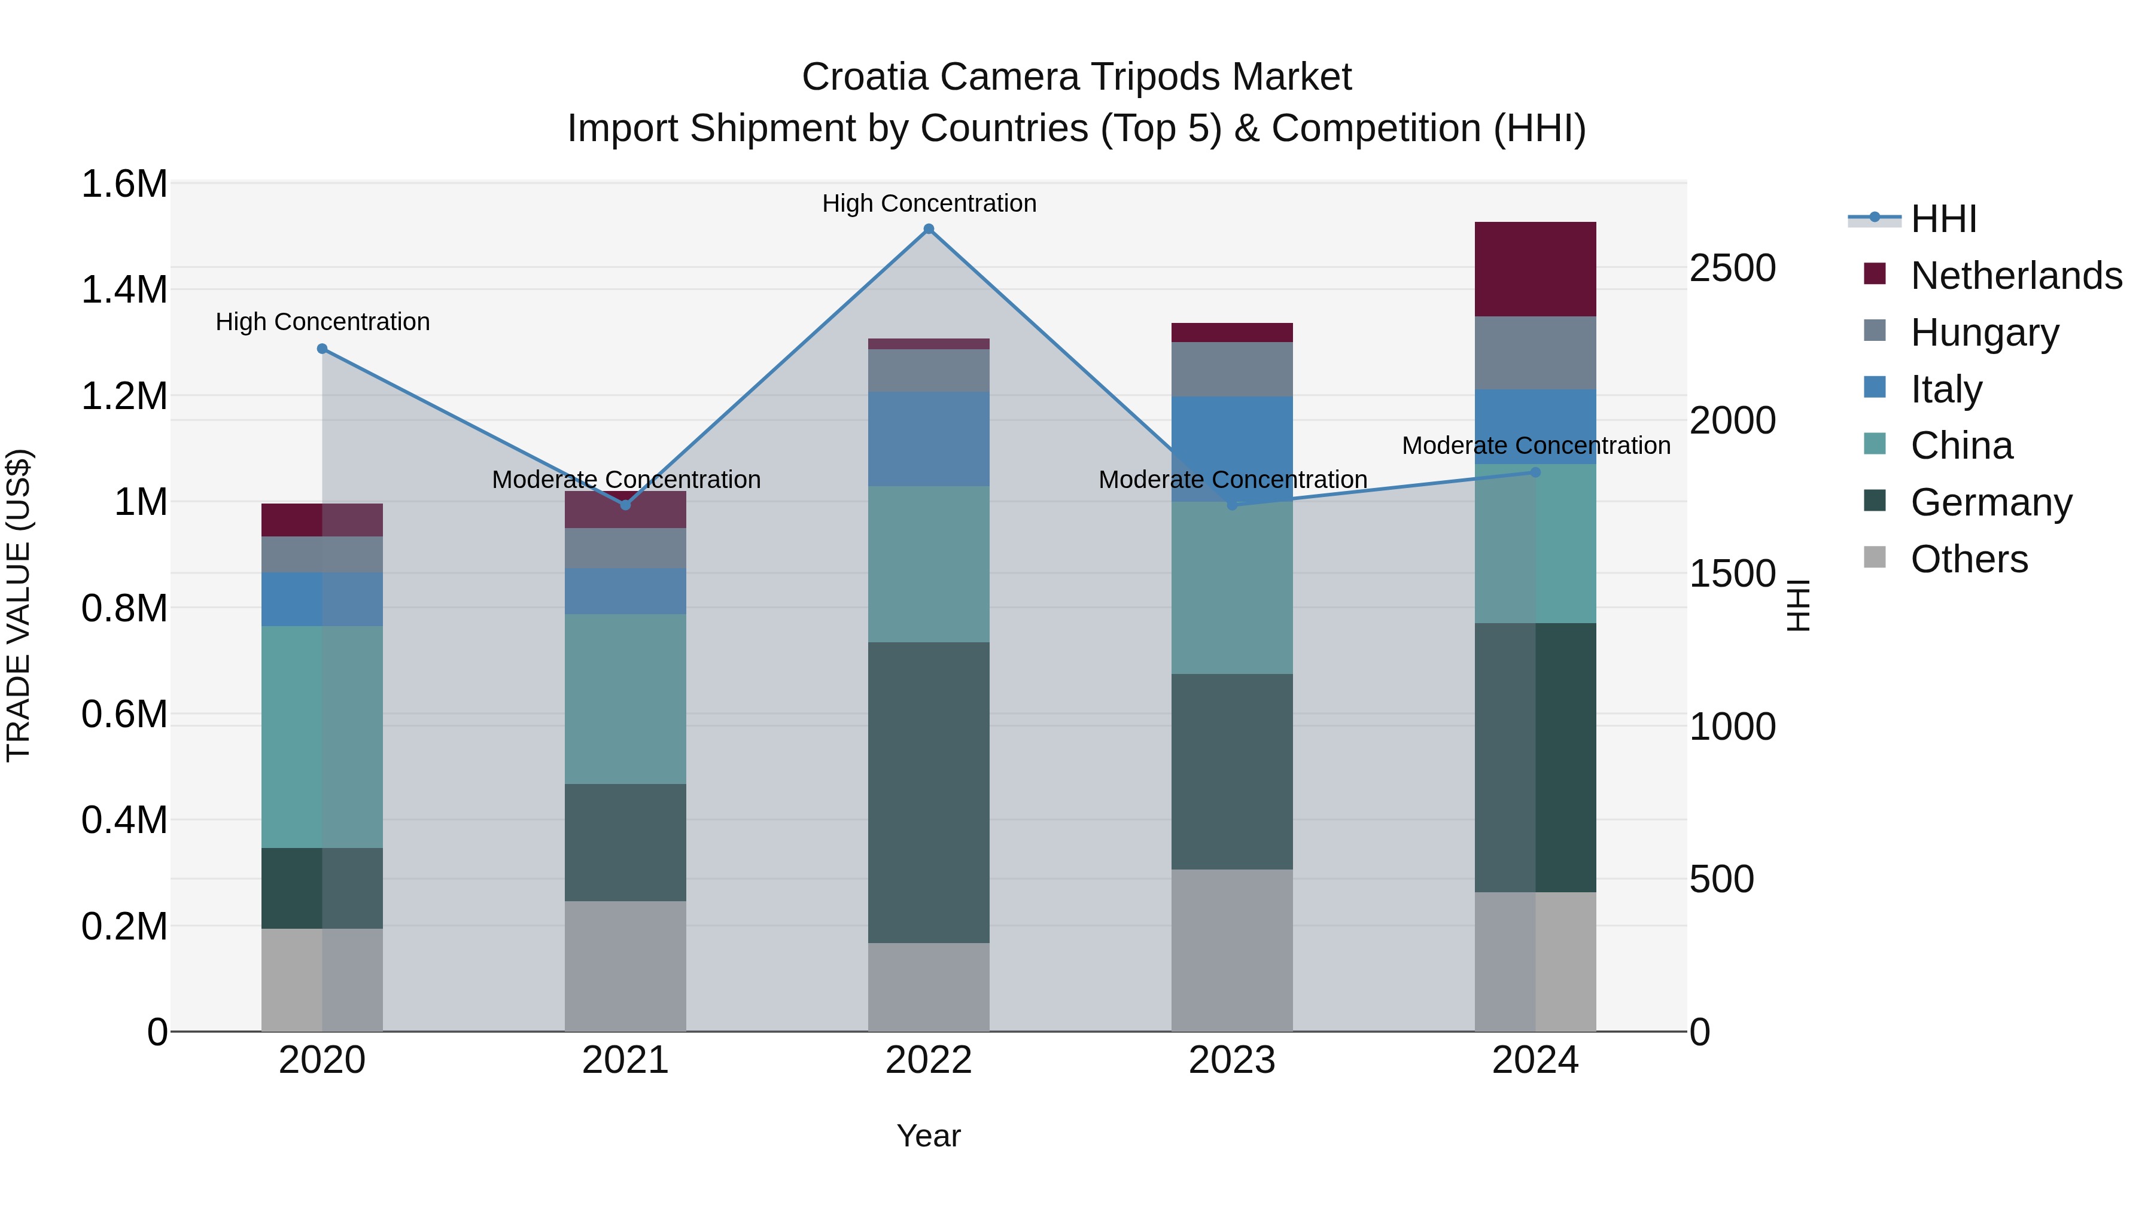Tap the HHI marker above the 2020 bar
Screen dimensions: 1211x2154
[322, 349]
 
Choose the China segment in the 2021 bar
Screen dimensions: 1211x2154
[625, 698]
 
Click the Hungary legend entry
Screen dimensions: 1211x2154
[1984, 333]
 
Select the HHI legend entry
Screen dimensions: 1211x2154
[1943, 219]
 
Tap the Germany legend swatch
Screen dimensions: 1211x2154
[1875, 501]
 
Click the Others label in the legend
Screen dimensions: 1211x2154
[1969, 559]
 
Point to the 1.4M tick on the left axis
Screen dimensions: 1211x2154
[124, 290]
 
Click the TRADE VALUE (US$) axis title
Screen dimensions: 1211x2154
[19, 605]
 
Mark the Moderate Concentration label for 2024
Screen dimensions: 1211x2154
[1535, 446]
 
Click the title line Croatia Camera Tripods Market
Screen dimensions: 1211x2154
[1076, 77]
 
